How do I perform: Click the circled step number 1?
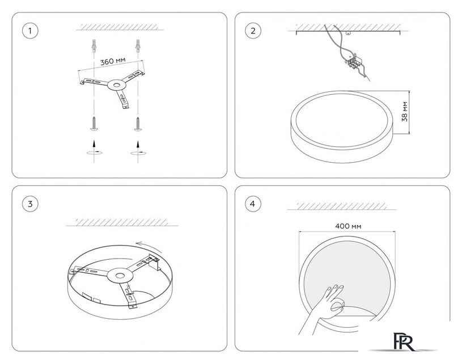click(x=30, y=31)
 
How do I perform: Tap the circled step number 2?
click(x=253, y=31)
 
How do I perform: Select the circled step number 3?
click(x=30, y=204)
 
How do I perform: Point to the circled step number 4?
click(x=253, y=204)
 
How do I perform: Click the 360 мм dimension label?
click(x=113, y=61)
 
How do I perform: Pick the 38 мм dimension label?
click(x=405, y=112)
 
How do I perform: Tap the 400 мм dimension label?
click(x=348, y=226)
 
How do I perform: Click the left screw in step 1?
click(x=94, y=124)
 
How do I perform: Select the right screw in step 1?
click(x=138, y=124)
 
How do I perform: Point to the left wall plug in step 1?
click(x=94, y=46)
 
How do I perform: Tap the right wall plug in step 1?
click(x=138, y=46)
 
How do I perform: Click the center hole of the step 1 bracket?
click(x=117, y=85)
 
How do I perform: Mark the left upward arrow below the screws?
click(x=94, y=143)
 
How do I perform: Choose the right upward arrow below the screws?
click(x=138, y=144)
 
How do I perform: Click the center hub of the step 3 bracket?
click(x=120, y=276)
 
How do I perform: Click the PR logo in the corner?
click(x=404, y=341)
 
